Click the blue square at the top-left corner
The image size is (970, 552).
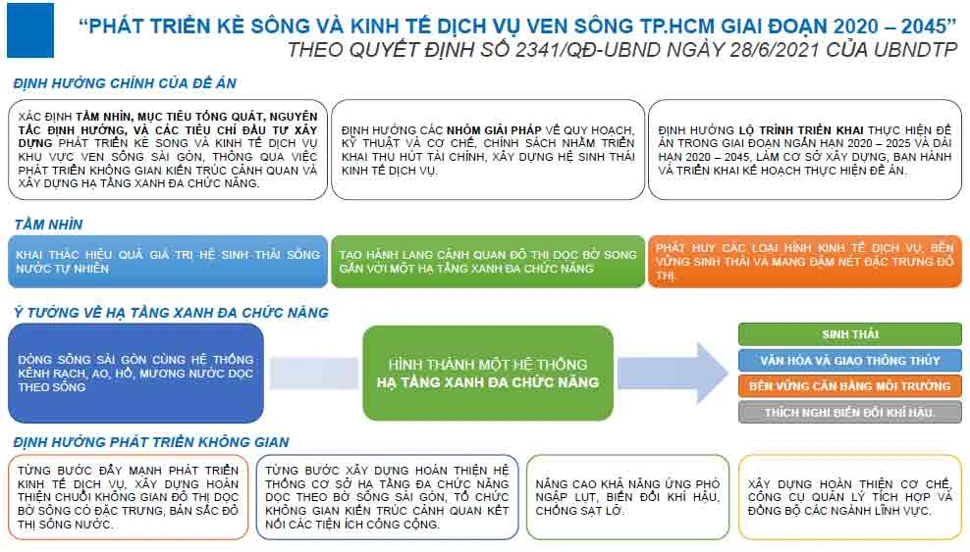(29, 30)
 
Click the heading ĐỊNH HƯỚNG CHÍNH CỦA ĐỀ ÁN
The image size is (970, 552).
(125, 84)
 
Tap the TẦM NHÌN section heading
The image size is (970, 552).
(48, 225)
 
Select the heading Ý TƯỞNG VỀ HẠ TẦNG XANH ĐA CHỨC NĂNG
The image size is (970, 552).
(171, 313)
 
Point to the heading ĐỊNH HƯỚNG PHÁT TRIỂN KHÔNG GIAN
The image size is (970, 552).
(151, 442)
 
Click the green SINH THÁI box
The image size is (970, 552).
(849, 334)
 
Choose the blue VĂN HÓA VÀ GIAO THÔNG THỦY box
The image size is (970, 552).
(849, 360)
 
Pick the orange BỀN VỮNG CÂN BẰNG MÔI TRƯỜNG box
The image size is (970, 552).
(849, 385)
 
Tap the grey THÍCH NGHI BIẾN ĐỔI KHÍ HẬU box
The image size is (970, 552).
(849, 412)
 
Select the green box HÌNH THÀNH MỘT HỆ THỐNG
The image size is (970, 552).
(487, 373)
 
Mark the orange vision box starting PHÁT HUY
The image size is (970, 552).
(804, 262)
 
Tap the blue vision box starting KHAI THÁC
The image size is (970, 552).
(167, 262)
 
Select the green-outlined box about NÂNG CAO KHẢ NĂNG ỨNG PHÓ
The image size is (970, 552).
(627, 496)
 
